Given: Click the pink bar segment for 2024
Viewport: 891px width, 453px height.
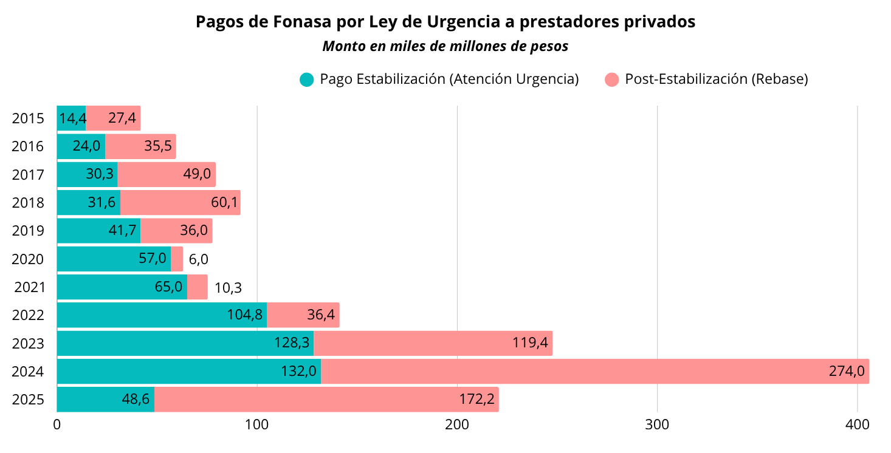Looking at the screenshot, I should click(594, 371).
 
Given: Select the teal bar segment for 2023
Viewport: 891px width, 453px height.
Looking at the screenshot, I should click(185, 343).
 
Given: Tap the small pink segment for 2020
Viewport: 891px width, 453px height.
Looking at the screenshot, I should click(177, 259).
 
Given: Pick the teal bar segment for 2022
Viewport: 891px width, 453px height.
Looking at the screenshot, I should click(162, 315).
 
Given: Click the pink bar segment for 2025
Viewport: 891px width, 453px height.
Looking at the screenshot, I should click(326, 399).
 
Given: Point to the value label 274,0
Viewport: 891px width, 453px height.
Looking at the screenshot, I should click(846, 372).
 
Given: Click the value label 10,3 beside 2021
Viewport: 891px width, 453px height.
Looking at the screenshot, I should click(228, 288).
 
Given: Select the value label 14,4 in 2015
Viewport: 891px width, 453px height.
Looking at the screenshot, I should click(72, 118).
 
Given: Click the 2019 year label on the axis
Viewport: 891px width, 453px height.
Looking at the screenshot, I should click(28, 231).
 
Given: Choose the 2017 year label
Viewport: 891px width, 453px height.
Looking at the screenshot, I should click(28, 175).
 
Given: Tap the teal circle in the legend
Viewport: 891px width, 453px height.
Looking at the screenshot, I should click(307, 80).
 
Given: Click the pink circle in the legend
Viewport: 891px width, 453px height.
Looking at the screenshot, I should click(612, 80).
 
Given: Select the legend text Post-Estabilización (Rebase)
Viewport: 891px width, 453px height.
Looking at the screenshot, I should click(716, 80).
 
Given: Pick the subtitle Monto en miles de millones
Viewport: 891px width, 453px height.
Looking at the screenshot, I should click(445, 46).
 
